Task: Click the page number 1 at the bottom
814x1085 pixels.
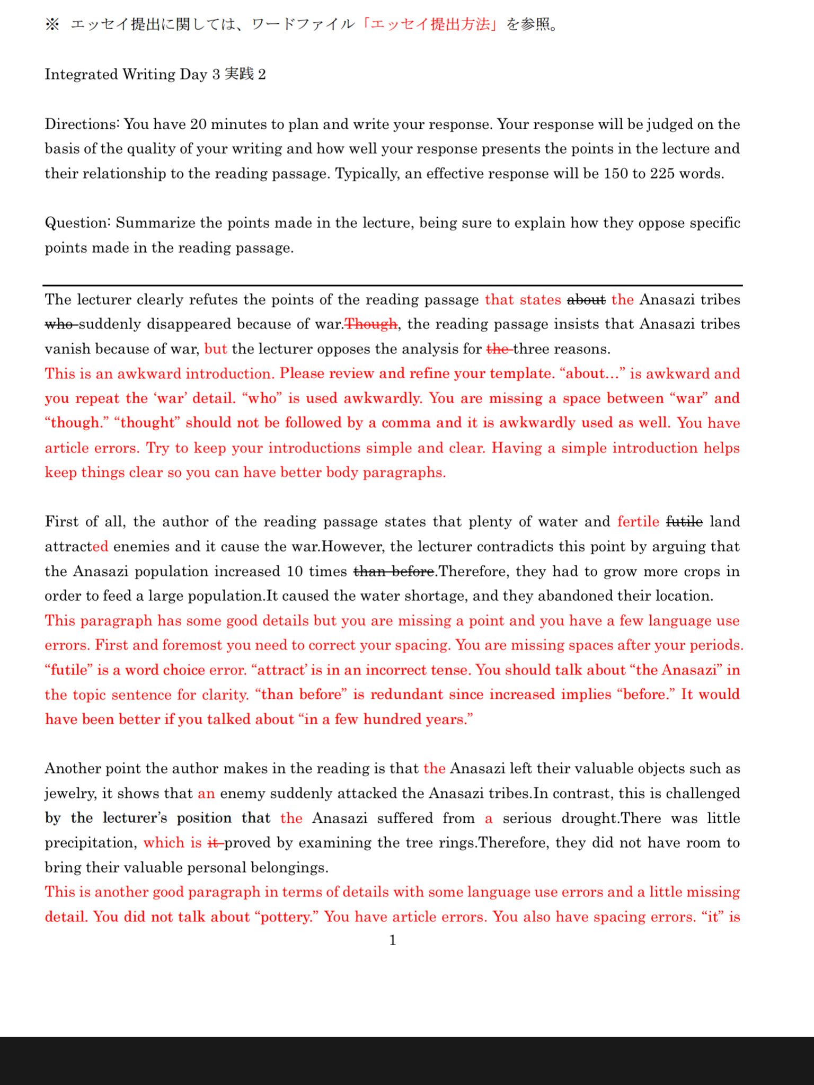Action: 393,940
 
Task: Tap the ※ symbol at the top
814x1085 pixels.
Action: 52,25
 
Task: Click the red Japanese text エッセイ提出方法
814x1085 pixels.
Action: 430,25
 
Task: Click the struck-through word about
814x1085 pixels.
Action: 586,300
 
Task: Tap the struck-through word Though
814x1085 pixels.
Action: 371,324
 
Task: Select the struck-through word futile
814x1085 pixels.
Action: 684,522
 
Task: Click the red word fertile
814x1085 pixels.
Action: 638,522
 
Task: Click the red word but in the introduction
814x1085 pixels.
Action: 215,349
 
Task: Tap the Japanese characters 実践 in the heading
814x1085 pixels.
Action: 239,74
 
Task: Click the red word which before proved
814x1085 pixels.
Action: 164,843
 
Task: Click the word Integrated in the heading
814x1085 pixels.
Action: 81,74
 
